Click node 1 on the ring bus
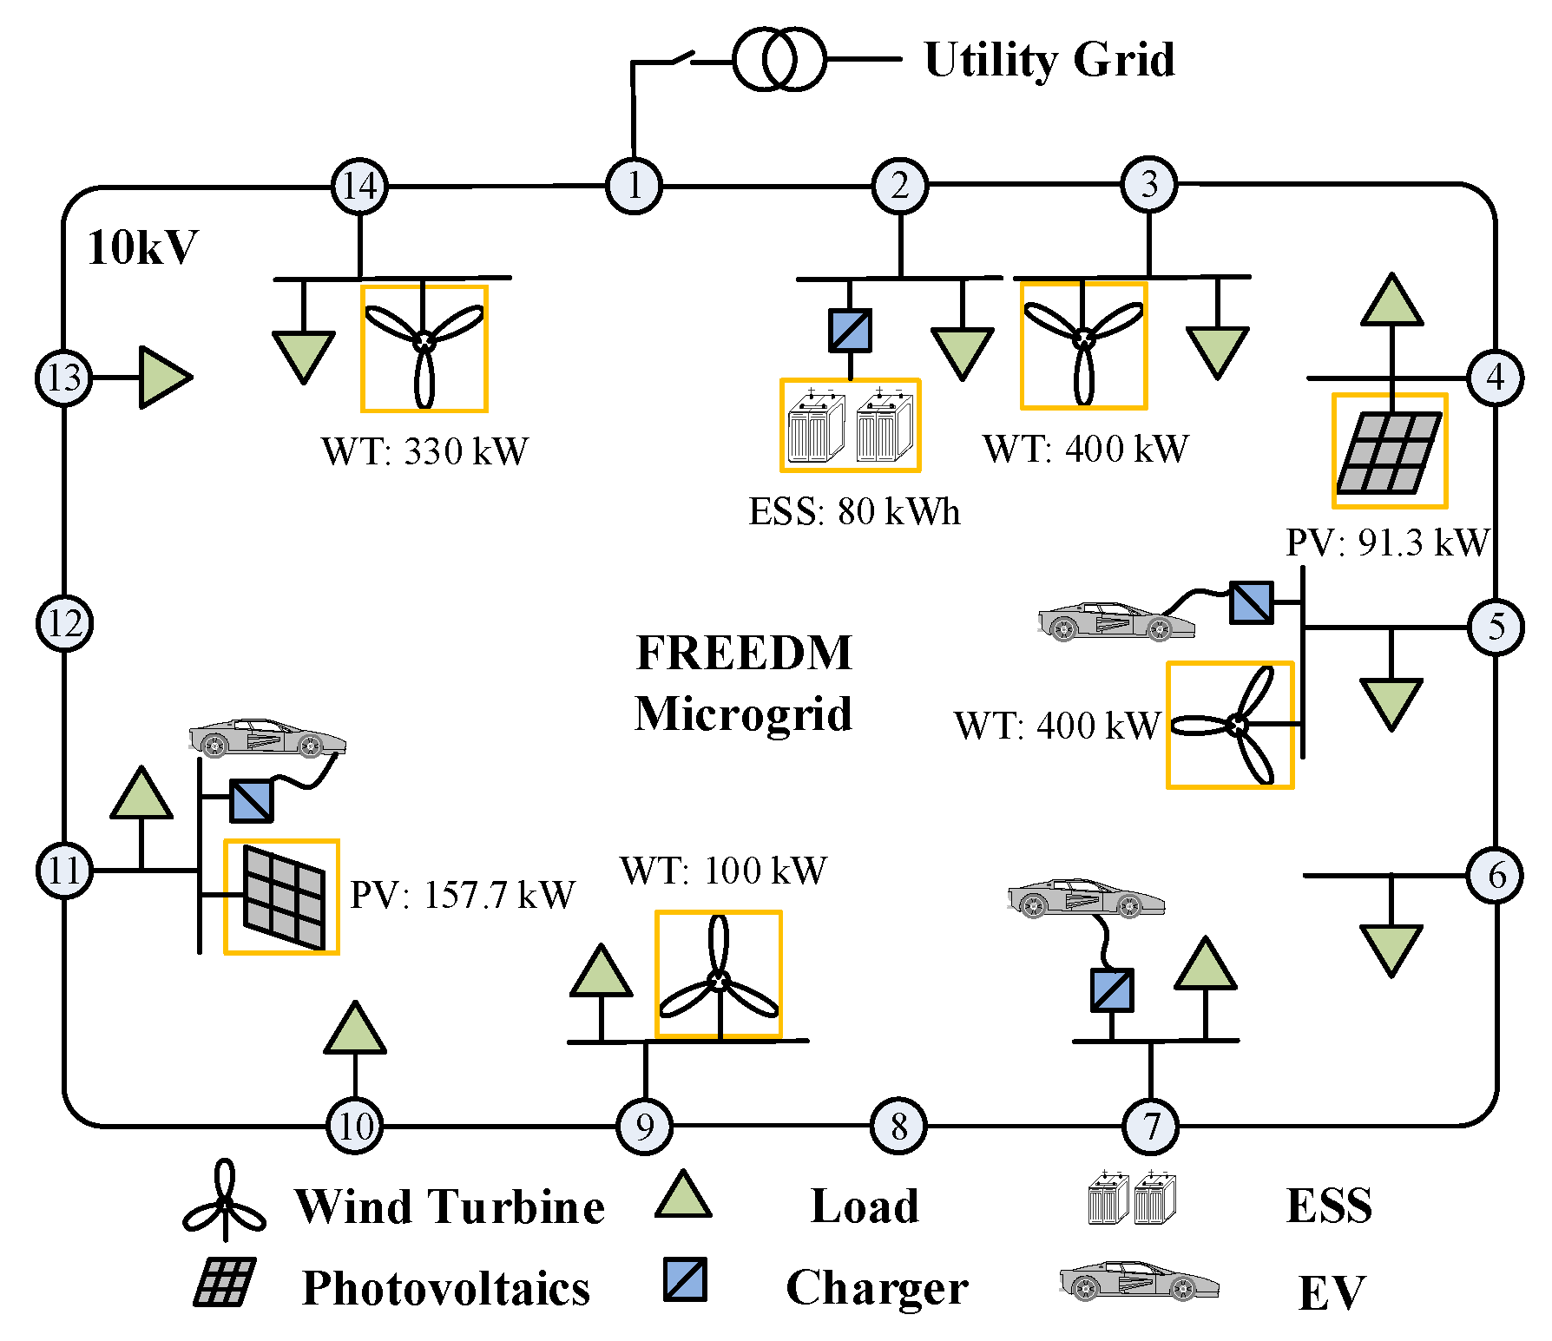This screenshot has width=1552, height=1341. click(x=634, y=186)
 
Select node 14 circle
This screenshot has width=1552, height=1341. click(x=359, y=186)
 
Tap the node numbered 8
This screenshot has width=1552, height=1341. click(x=898, y=1126)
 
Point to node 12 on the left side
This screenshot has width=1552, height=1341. click(x=64, y=623)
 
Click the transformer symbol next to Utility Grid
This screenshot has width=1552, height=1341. click(x=779, y=59)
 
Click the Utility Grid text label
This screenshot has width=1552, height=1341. click(x=1049, y=60)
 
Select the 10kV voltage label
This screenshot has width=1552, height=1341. click(x=142, y=247)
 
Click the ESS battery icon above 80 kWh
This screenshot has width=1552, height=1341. click(x=850, y=425)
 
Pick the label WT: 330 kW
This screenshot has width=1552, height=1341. click(x=424, y=451)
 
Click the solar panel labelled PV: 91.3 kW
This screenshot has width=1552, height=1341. click(x=1390, y=451)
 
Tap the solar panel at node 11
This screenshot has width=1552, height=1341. click(x=282, y=897)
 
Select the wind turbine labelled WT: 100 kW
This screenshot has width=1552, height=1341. click(x=719, y=974)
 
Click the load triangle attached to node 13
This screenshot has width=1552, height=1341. click(x=164, y=378)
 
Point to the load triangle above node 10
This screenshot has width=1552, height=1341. click(x=355, y=1029)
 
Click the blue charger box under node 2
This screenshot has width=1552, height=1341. click(x=850, y=331)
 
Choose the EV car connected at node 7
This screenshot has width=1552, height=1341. click(x=1085, y=899)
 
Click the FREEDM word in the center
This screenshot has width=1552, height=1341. click(x=744, y=653)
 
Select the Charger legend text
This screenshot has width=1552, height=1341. click(x=877, y=1288)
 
